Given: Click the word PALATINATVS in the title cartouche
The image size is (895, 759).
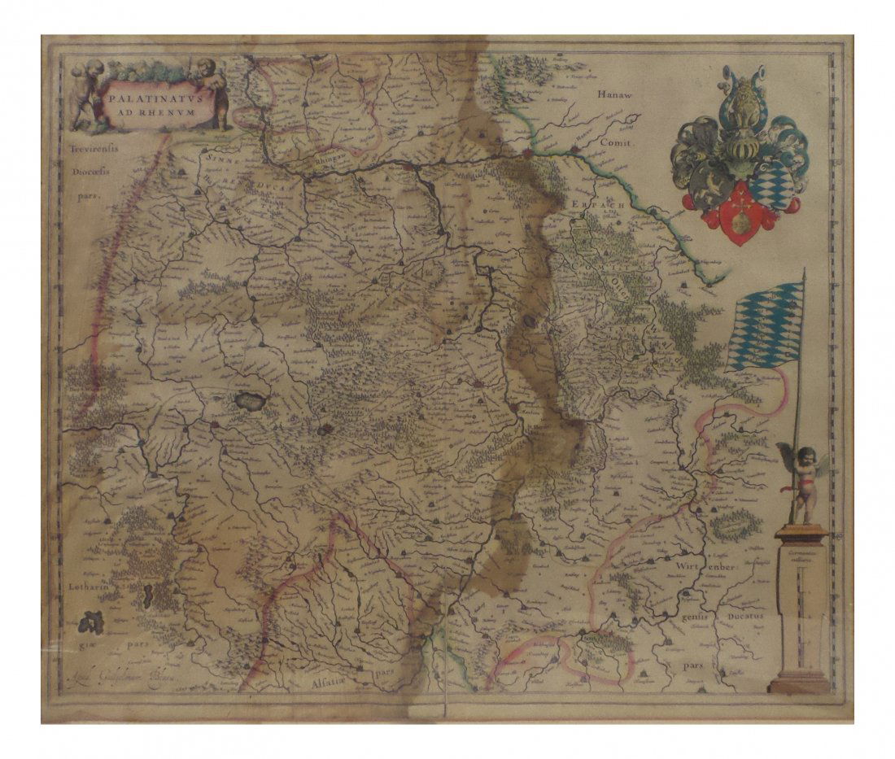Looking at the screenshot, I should pyautogui.click(x=146, y=97).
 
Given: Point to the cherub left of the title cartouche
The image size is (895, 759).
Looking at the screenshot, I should pyautogui.click(x=88, y=94).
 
